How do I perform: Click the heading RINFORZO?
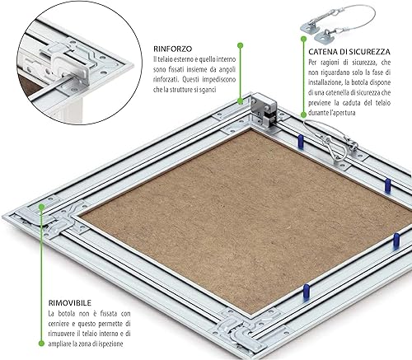pyautogui.click(x=173, y=49)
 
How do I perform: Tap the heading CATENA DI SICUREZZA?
pyautogui.click(x=349, y=52)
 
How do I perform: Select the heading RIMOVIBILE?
pyautogui.click(x=70, y=303)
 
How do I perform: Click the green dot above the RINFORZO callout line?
pyautogui.click(x=241, y=45)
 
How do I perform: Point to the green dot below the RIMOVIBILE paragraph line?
pyautogui.click(x=41, y=343)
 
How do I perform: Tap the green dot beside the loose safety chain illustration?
pyautogui.click(x=303, y=39)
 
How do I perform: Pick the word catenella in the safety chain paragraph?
pyautogui.click(x=337, y=92)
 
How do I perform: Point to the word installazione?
pyautogui.click(x=323, y=82)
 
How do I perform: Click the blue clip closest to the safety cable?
pyautogui.click(x=301, y=142)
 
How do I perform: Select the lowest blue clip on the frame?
pyautogui.click(x=307, y=292)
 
